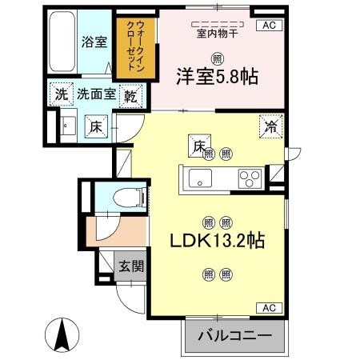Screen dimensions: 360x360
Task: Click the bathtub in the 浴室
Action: pyautogui.click(x=62, y=42)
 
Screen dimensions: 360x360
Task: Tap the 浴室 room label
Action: pyautogui.click(x=94, y=42)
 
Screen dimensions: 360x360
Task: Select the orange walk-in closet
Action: pyautogui.click(x=136, y=48)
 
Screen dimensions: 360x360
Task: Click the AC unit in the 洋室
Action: pyautogui.click(x=269, y=26)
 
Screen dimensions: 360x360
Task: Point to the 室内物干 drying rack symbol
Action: pyautogui.click(x=218, y=24)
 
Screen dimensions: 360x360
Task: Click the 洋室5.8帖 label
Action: pyautogui.click(x=218, y=77)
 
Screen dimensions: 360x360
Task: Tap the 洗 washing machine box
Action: pyautogui.click(x=62, y=94)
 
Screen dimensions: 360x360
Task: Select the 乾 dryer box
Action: pyautogui.click(x=130, y=96)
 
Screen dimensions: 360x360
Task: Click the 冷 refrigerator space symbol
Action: pyautogui.click(x=271, y=126)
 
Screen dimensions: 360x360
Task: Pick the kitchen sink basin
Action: pyautogui.click(x=200, y=178)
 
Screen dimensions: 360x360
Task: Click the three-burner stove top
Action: pyautogui.click(x=250, y=178)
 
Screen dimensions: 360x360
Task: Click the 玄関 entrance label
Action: pyautogui.click(x=131, y=266)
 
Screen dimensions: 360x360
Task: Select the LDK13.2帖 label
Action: pyautogui.click(x=218, y=241)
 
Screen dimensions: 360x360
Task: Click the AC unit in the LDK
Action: pyautogui.click(x=269, y=308)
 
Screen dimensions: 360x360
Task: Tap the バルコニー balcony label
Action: pyautogui.click(x=234, y=335)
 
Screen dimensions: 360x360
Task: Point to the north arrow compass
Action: pyautogui.click(x=62, y=335)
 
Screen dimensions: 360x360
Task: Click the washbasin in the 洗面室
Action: pyautogui.click(x=69, y=126)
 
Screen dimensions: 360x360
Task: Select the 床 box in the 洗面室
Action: pyautogui.click(x=96, y=126)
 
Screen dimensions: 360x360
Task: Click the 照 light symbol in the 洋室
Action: pyautogui.click(x=218, y=59)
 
